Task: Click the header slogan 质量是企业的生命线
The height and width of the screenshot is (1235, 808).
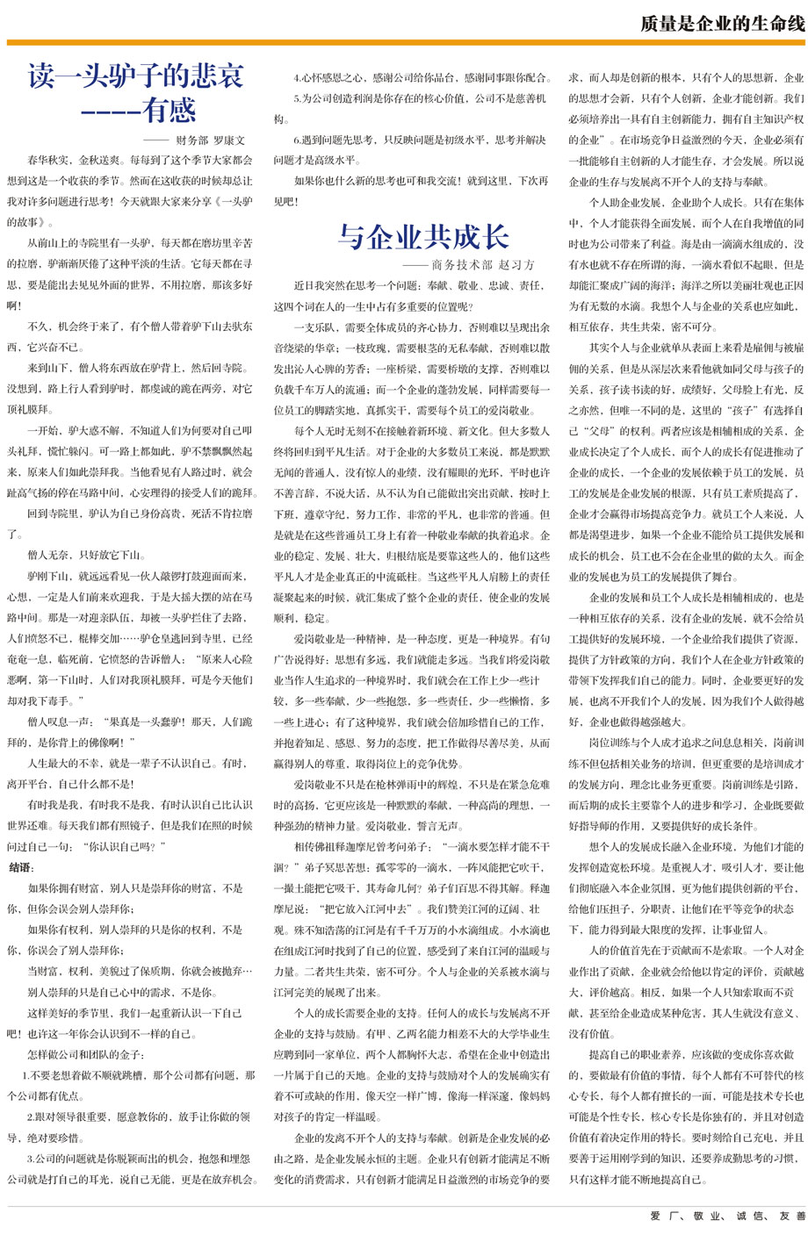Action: (722, 24)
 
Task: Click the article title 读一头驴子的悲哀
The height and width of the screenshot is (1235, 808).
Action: (135, 75)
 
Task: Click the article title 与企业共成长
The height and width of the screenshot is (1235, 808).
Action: (423, 236)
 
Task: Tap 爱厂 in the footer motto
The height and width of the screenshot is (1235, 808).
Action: (660, 1216)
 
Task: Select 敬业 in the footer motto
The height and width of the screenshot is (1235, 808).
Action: (703, 1216)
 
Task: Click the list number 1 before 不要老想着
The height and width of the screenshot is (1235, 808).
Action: (25, 1075)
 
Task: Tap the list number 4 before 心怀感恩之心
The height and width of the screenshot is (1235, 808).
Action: (296, 77)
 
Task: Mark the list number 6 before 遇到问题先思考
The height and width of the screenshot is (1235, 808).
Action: (296, 140)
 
